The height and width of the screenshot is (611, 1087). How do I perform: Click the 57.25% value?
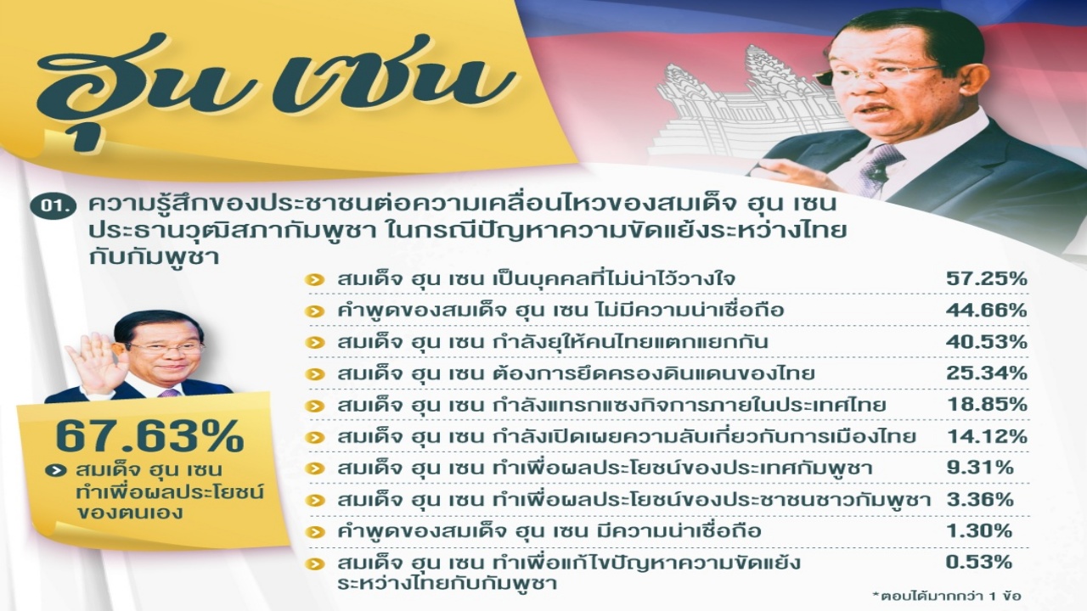click(x=987, y=279)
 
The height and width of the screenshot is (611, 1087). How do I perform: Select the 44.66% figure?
click(x=987, y=310)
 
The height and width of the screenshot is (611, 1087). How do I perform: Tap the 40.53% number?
click(x=987, y=342)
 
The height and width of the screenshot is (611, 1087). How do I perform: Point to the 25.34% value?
click(x=987, y=373)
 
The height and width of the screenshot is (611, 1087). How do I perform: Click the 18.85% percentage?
click(x=987, y=405)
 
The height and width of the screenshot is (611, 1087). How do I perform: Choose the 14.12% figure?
click(x=987, y=436)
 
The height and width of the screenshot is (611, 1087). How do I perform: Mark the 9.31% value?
click(x=980, y=468)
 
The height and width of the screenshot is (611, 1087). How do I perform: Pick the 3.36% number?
click(x=980, y=499)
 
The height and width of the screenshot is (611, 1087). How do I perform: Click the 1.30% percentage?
click(x=980, y=530)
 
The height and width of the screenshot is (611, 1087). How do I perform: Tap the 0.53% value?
click(x=980, y=562)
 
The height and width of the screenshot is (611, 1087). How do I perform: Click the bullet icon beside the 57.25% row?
click(x=315, y=280)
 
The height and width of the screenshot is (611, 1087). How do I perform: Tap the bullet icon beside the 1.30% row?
click(x=315, y=532)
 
